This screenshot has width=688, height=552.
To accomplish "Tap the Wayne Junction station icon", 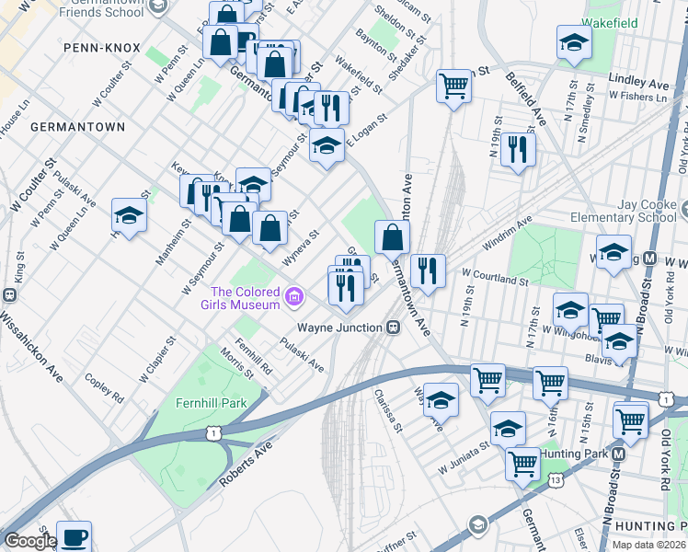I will pyautogui.click(x=393, y=327).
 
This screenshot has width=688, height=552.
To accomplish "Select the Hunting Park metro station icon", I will pyautogui.click(x=620, y=454).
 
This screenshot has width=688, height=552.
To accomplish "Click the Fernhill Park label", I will pyautogui.click(x=211, y=403).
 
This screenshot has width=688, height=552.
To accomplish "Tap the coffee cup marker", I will pyautogui.click(x=74, y=535).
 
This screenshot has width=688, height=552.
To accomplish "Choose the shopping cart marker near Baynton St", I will pyautogui.click(x=453, y=86).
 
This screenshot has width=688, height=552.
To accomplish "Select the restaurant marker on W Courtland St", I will pyautogui.click(x=428, y=269).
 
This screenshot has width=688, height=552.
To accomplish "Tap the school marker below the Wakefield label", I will pyautogui.click(x=574, y=42).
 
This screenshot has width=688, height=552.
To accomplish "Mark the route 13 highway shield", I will pyautogui.click(x=555, y=478).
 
